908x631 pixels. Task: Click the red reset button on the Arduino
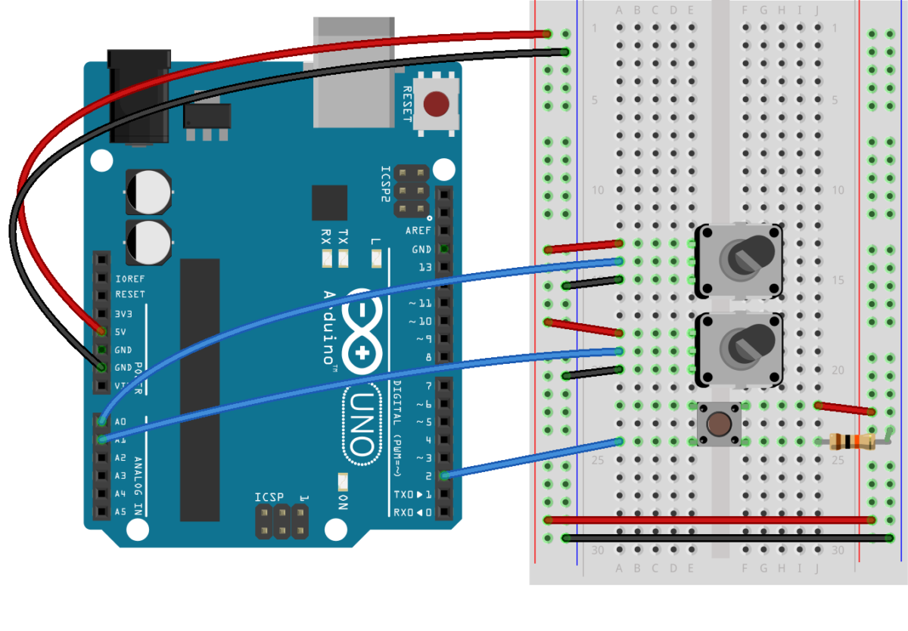tap(435, 104)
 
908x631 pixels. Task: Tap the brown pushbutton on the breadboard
tap(718, 424)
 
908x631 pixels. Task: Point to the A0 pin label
tap(120, 421)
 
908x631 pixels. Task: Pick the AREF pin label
tap(418, 231)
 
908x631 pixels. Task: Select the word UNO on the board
tap(362, 424)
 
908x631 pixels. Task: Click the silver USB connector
tap(353, 72)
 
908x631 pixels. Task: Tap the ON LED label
tap(343, 501)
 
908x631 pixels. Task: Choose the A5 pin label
tap(120, 512)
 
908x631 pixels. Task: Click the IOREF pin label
tap(129, 277)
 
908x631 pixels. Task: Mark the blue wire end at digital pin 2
tap(445, 475)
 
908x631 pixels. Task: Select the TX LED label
tap(344, 235)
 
